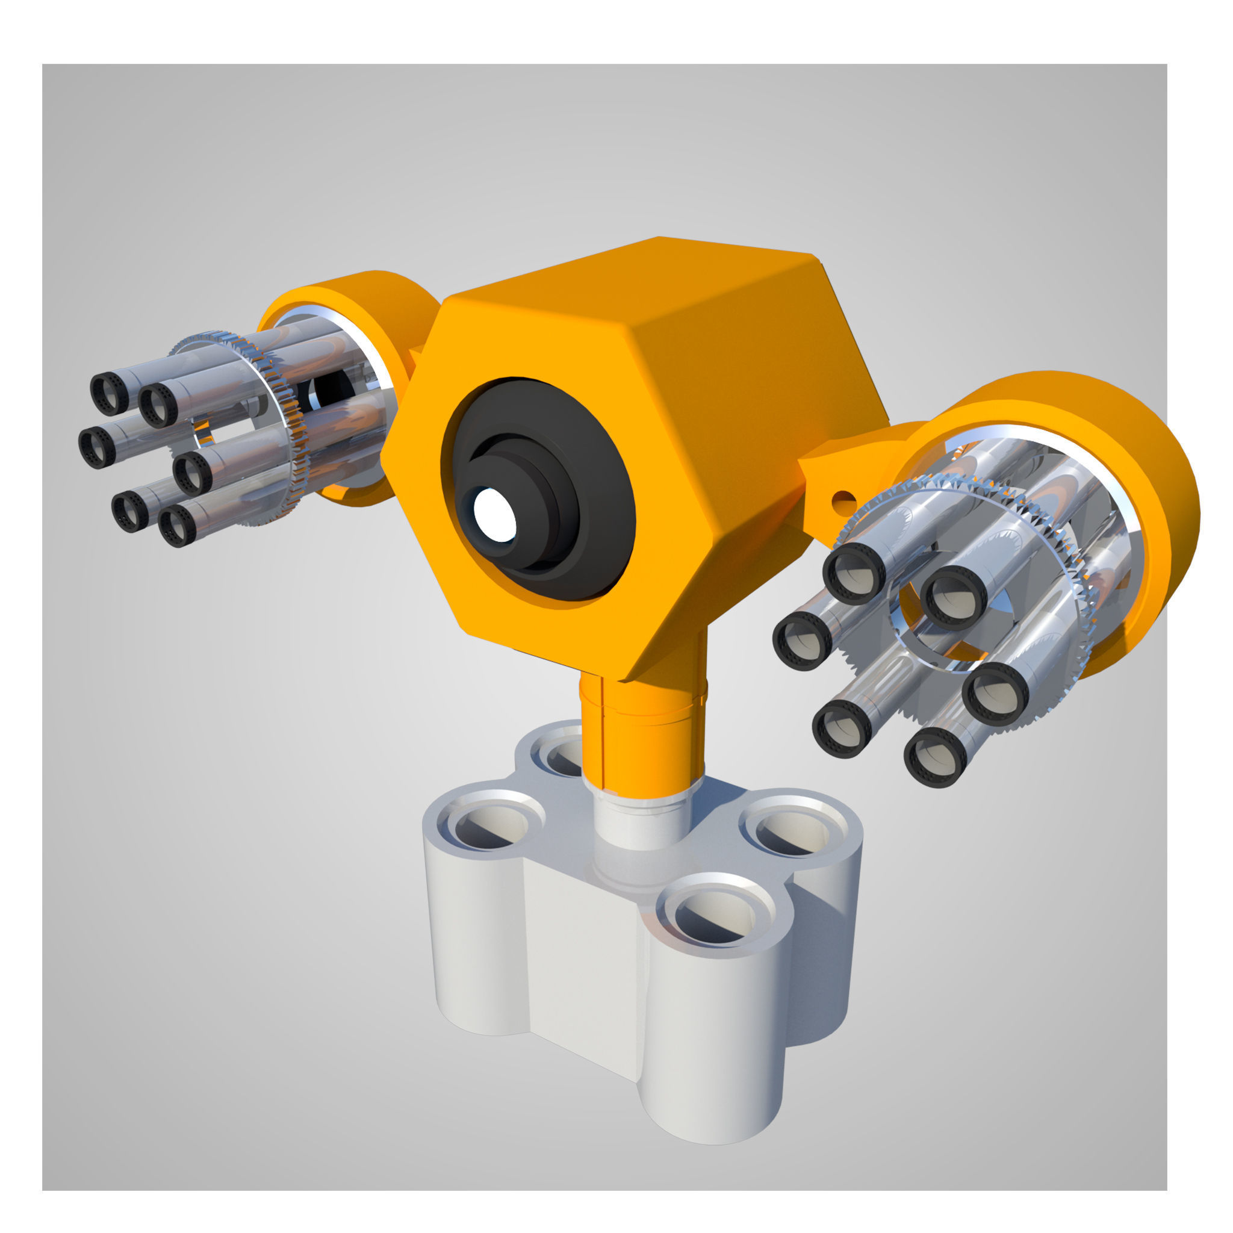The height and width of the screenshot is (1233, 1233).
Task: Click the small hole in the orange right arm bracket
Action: point(844,496)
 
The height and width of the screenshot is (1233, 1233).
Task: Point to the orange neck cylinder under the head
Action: point(645,734)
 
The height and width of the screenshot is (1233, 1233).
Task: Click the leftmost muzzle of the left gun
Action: point(98,446)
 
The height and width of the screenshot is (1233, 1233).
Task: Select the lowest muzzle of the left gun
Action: point(177,527)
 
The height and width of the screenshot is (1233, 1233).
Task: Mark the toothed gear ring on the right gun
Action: point(1078,613)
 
